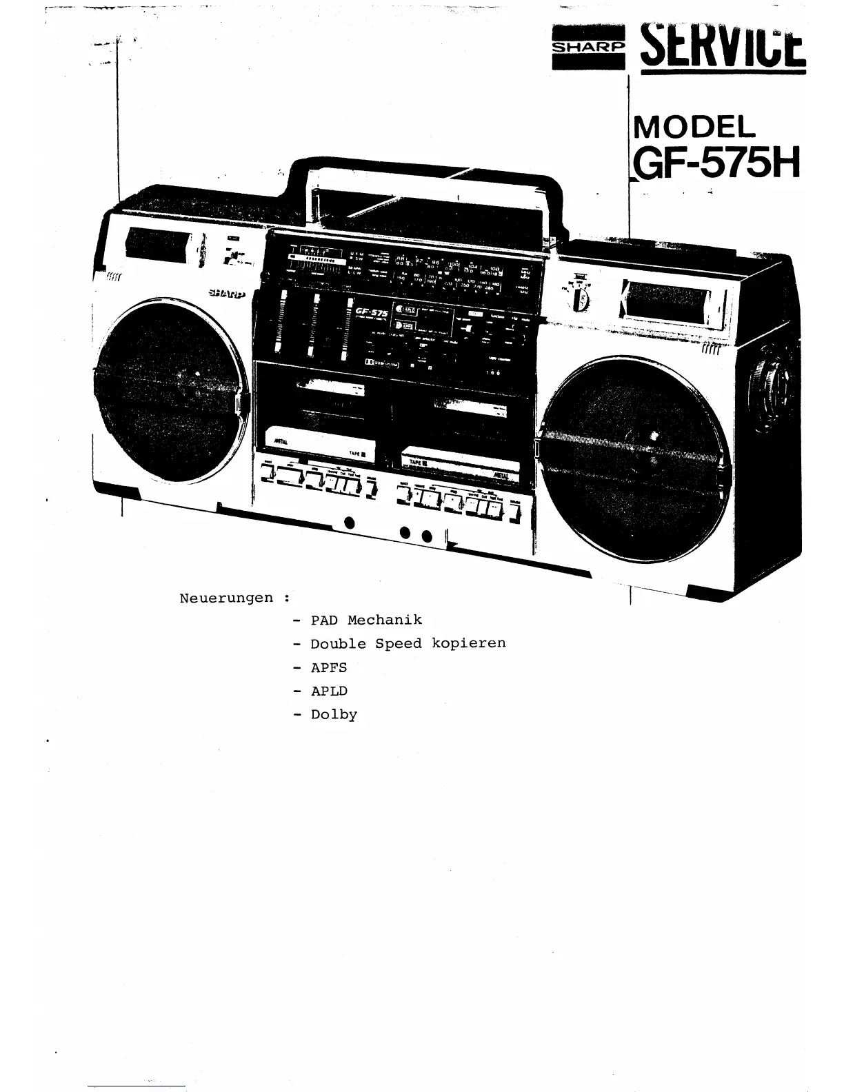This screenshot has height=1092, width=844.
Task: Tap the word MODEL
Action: (x=694, y=128)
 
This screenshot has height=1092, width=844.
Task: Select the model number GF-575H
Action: (x=716, y=164)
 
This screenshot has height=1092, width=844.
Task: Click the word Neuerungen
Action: (x=226, y=598)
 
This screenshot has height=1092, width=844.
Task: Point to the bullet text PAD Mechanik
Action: (x=365, y=620)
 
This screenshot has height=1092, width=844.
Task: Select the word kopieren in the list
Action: (x=468, y=643)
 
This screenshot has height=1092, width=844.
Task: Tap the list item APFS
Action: (x=329, y=667)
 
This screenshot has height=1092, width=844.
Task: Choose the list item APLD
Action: (x=329, y=691)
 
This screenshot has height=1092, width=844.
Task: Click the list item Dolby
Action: (x=334, y=715)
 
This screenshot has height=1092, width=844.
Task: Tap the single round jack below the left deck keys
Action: (x=350, y=522)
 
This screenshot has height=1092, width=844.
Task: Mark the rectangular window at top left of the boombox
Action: (x=159, y=245)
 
